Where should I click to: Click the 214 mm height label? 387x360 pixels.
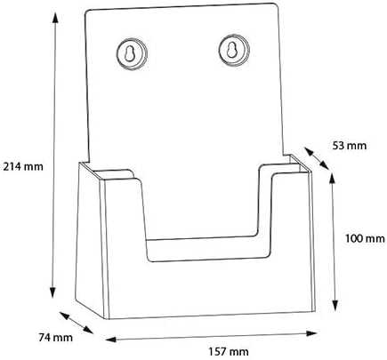coord(23,166)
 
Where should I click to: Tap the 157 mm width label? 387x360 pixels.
coord(229,352)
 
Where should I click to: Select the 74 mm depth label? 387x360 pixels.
coord(55,337)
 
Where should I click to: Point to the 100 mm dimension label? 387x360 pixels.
coord(365,238)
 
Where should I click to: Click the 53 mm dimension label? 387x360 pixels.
coord(350,146)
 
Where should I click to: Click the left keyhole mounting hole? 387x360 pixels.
coord(132,54)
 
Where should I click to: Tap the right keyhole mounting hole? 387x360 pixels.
coord(234,51)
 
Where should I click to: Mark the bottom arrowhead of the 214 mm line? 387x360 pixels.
coord(52,292)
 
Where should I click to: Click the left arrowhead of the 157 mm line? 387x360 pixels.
coord(110,340)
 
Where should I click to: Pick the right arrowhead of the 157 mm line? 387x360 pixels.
coord(311,333)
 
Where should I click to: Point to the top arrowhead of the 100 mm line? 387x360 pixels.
coord(333,179)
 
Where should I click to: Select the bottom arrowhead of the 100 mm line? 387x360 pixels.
coord(335,305)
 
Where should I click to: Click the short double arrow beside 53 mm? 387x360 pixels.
coord(317,158)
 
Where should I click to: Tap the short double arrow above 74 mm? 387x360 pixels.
coord(77,323)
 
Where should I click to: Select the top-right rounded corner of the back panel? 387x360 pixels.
coord(276,6)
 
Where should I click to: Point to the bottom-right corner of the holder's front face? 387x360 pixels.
coord(315,311)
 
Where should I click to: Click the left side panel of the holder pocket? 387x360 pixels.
coord(91,240)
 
